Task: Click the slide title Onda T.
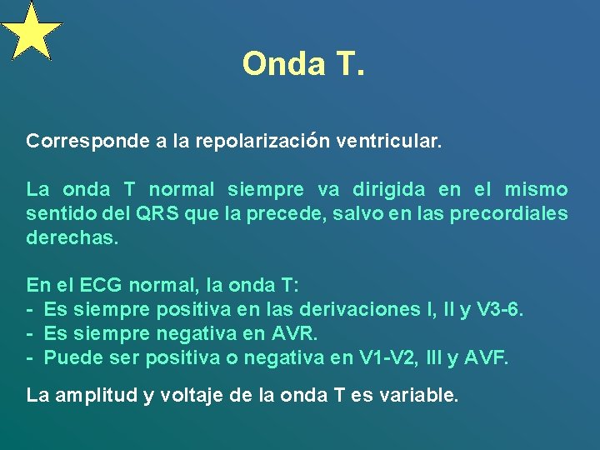point(303,63)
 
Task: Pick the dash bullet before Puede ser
point(30,357)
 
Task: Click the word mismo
point(537,189)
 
